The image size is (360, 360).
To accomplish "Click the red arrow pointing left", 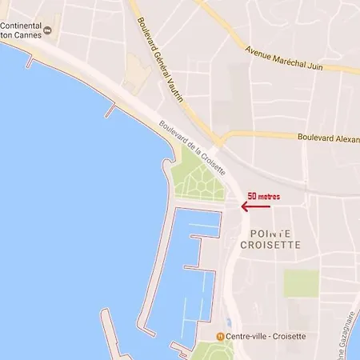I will click(x=255, y=206).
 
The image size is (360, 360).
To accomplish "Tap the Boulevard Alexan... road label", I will click(x=328, y=137).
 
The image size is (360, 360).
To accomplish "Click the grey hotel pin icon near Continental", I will click(x=47, y=31).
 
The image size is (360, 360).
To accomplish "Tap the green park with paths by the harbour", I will click(x=198, y=178).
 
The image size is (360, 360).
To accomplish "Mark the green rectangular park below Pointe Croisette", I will click(x=302, y=283).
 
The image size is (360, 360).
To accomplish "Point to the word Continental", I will click(x=21, y=25).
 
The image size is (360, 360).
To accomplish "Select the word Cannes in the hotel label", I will click(x=26, y=36).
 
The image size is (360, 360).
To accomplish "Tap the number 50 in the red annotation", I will click(x=252, y=195).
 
